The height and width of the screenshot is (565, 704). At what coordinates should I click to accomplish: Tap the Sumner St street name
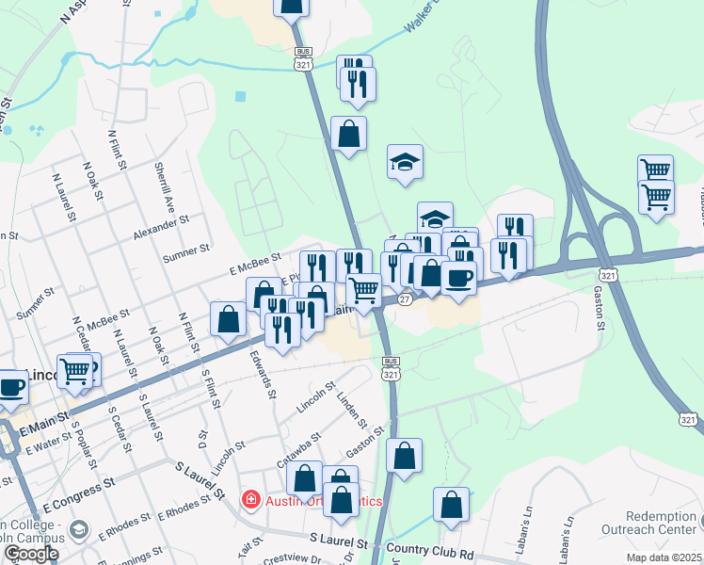coord(185,252)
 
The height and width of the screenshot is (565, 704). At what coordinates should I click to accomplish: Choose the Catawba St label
coord(299,449)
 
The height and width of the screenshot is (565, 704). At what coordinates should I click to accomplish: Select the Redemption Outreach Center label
coord(664,524)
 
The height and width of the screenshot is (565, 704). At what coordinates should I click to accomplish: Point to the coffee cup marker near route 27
coord(459,278)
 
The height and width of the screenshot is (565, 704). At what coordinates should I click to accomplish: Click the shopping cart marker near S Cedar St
coord(75,370)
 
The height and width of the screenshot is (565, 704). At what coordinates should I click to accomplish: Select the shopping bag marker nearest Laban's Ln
coord(452,505)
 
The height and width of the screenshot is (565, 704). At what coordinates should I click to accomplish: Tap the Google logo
coord(31,554)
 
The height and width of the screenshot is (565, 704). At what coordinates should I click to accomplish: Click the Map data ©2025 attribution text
coord(664,557)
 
